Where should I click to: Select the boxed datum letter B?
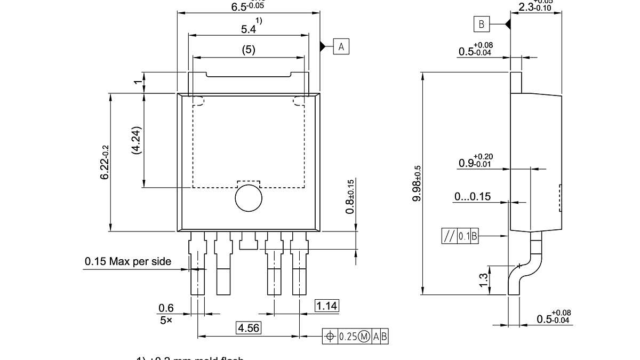coord(481,24)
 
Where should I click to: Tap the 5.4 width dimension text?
coord(249,29)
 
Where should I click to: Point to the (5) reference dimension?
coord(249,50)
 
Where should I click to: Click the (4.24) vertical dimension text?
coord(136,140)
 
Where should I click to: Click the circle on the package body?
coord(249,198)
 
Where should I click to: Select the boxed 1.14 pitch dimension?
coord(327,306)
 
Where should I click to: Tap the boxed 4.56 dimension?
coord(249,328)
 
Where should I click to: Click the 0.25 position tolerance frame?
coord(356,336)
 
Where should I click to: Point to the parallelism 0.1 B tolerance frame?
coord(460,236)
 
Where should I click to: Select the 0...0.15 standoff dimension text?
coord(472,196)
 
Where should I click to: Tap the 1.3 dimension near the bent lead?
coord(483,280)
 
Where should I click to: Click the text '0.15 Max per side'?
coord(128,261)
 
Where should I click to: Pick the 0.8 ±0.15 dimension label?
coord(350,196)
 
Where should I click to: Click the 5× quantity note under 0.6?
coord(166,321)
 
